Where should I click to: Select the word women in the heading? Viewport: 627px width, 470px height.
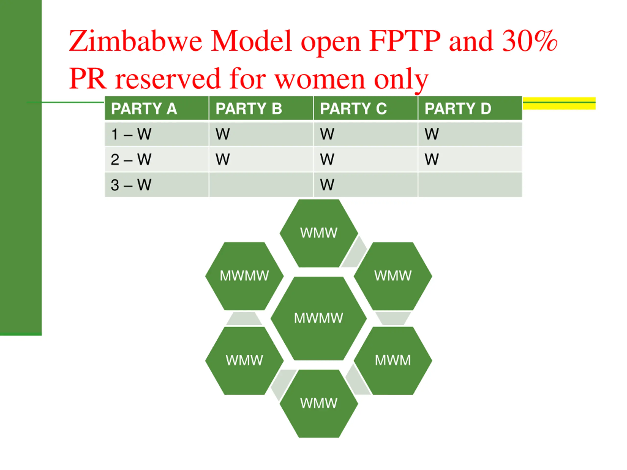(320, 79)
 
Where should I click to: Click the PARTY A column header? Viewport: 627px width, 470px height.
(157, 108)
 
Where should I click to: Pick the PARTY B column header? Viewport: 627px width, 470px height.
(261, 108)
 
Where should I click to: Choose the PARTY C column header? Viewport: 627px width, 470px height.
(366, 108)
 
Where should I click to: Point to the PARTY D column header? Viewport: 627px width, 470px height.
(470, 108)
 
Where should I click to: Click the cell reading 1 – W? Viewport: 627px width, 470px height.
(157, 134)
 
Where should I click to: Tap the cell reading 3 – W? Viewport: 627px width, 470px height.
(157, 185)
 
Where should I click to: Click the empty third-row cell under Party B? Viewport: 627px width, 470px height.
(261, 185)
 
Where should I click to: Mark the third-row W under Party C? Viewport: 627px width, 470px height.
(327, 185)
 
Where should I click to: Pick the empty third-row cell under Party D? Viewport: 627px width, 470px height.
(470, 185)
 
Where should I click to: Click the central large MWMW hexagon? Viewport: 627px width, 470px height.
(319, 318)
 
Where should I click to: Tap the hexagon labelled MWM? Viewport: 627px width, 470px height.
(393, 360)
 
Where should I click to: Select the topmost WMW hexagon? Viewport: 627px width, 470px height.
(319, 233)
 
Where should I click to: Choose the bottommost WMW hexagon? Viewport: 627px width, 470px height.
(319, 403)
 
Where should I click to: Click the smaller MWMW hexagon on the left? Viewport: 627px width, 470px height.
(244, 276)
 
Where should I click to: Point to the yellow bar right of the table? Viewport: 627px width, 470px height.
(559, 103)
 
